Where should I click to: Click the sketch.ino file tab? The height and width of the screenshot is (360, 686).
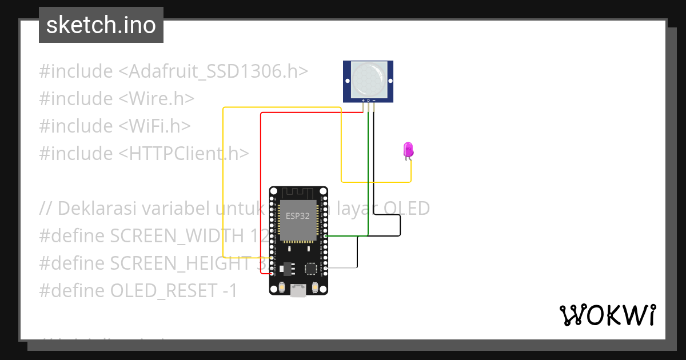(101, 25)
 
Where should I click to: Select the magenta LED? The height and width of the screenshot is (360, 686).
(408, 150)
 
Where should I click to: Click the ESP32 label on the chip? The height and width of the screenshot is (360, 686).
(297, 216)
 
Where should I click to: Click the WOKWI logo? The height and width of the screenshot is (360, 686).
(607, 315)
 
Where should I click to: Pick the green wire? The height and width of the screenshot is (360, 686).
(368, 171)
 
